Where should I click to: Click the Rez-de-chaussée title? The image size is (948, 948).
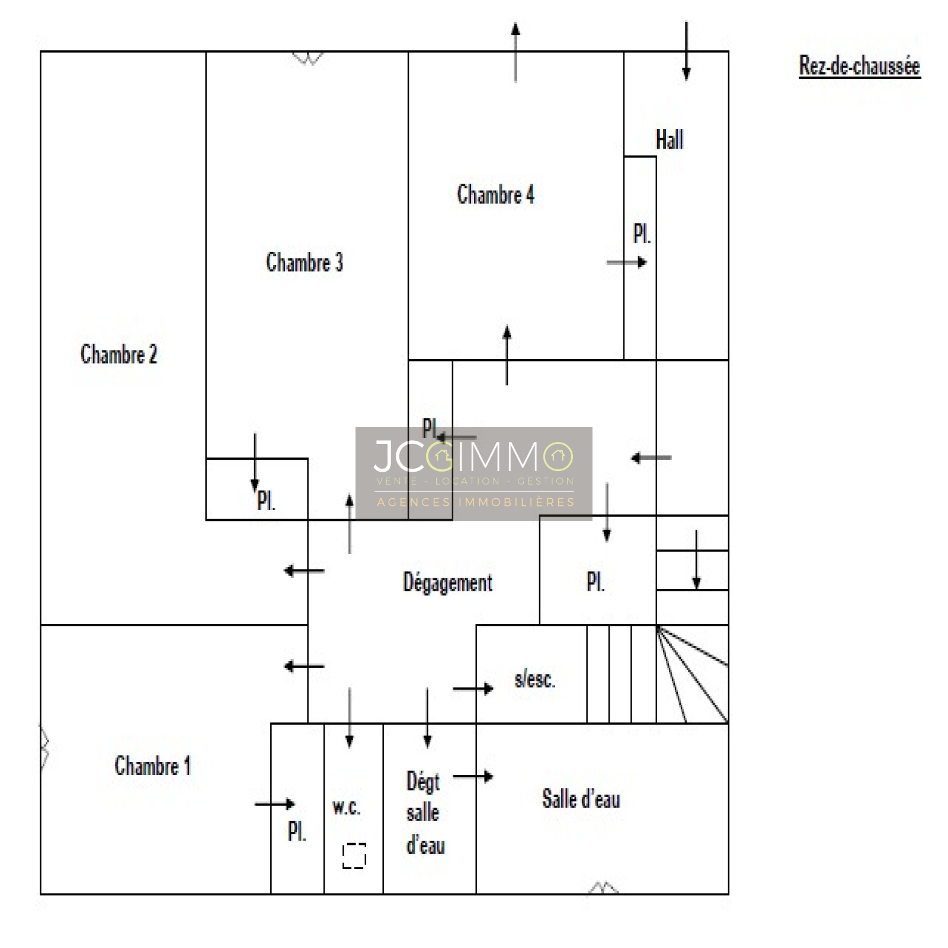click(859, 66)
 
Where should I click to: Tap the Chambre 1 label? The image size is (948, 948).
click(152, 766)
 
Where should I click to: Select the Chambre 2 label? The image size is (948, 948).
click(118, 354)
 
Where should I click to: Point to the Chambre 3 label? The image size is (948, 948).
click(305, 262)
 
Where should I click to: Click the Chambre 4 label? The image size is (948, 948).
click(495, 194)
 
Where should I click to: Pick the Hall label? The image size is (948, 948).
click(670, 140)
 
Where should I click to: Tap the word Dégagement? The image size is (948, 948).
click(447, 582)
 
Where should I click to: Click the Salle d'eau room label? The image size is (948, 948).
click(581, 799)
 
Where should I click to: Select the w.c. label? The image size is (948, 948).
click(347, 806)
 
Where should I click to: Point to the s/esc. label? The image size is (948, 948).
click(535, 679)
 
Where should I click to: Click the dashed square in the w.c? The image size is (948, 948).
click(354, 856)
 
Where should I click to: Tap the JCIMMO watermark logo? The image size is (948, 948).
click(474, 473)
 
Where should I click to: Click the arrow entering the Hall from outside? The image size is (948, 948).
click(686, 51)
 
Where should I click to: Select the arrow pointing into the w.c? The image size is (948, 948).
click(350, 718)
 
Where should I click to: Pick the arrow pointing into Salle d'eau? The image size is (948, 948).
click(473, 776)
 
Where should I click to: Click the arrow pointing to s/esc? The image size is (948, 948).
click(473, 688)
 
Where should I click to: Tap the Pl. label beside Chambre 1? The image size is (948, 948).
click(297, 831)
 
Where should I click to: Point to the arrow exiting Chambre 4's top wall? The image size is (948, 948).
click(515, 52)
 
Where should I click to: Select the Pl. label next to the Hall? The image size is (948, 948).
click(642, 233)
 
